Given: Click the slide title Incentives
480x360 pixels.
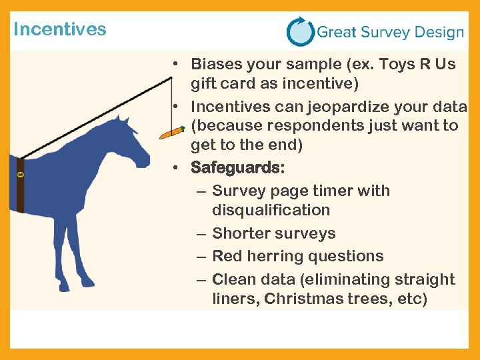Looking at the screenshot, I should click(59, 29).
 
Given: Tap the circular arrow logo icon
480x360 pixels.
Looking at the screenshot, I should click(300, 31).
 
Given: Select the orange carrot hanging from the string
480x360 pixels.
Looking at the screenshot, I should click(171, 132).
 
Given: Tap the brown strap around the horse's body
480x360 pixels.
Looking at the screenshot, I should click(20, 186).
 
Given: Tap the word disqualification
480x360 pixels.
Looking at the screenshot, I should click(271, 210).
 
